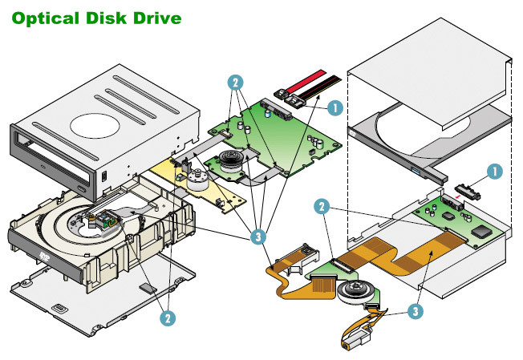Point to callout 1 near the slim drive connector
(x=496, y=170)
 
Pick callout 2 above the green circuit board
(x=235, y=82)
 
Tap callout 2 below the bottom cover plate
(x=167, y=318)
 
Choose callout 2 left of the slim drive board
(x=322, y=207)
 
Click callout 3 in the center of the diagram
(x=258, y=237)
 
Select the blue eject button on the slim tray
(x=416, y=172)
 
